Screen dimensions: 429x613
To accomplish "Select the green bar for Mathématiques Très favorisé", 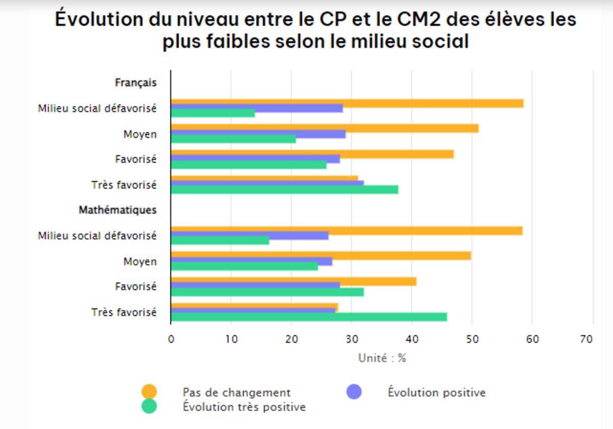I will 309,317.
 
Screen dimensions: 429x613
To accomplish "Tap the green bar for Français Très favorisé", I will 284,190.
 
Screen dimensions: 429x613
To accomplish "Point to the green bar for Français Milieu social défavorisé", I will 213,113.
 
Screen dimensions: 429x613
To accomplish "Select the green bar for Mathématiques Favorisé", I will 267,292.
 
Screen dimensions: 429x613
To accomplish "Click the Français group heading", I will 135,82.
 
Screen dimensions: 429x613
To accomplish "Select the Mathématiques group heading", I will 117,210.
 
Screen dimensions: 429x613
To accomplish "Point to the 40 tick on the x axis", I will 412,338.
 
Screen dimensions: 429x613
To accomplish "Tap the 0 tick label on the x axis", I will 171,338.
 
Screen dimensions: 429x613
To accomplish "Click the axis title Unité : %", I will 382,358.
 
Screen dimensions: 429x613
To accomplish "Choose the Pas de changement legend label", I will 237,393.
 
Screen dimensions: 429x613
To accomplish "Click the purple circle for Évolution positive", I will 354,392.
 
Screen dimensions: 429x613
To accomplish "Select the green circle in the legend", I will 149,406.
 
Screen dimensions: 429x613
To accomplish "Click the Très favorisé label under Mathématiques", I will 124,312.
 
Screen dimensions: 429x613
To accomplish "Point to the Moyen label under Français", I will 140,134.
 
